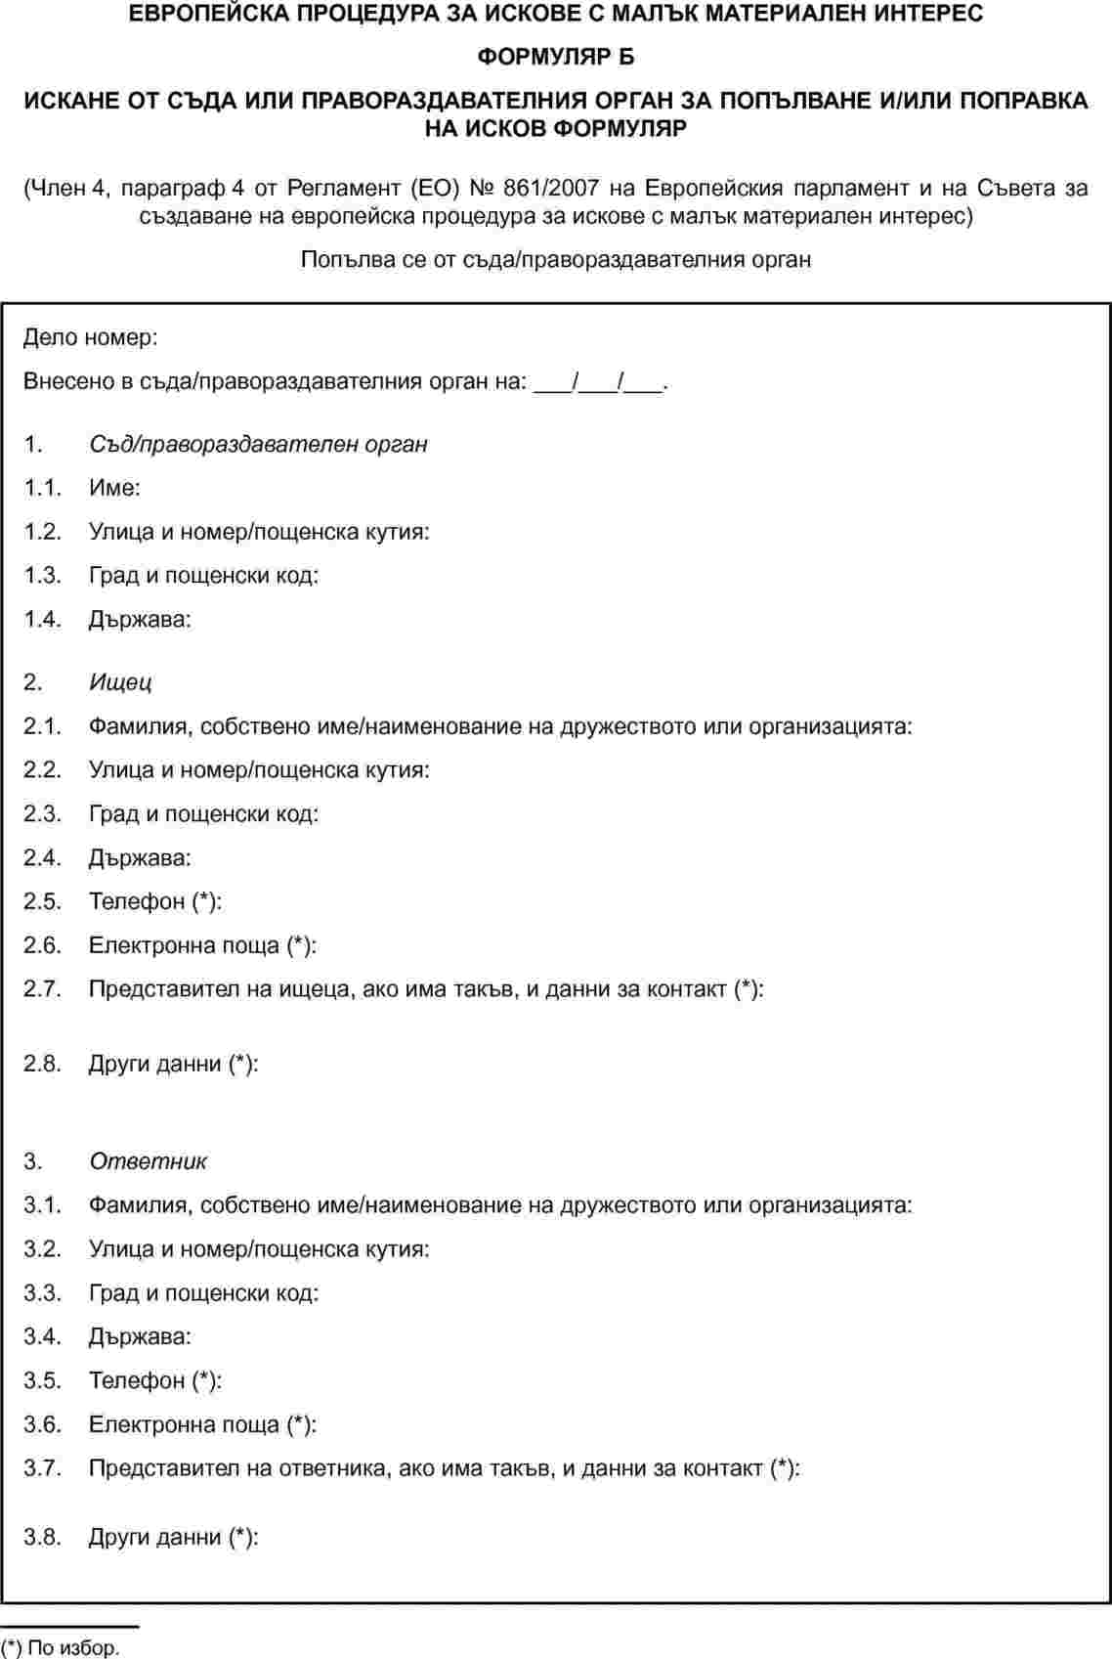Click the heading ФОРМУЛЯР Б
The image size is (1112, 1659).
(555, 57)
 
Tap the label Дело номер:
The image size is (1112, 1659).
(90, 337)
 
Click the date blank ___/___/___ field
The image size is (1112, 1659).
(599, 381)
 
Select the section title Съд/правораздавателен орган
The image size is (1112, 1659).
(258, 444)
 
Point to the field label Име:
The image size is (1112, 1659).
(114, 488)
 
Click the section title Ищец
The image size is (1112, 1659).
(120, 681)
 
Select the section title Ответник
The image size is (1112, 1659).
(148, 1161)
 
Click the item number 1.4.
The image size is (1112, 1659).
(43, 619)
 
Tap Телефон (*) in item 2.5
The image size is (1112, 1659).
(155, 901)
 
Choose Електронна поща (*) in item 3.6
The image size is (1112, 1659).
(202, 1424)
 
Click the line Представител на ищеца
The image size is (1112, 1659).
(426, 988)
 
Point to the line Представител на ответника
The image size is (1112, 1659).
(444, 1467)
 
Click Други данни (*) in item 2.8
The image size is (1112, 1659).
(173, 1064)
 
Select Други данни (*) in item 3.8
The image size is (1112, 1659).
(173, 1537)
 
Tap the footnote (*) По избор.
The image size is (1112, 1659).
(61, 1648)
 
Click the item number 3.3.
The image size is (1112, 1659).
(43, 1292)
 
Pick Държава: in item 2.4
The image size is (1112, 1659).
(140, 857)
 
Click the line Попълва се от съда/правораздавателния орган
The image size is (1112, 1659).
(555, 259)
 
